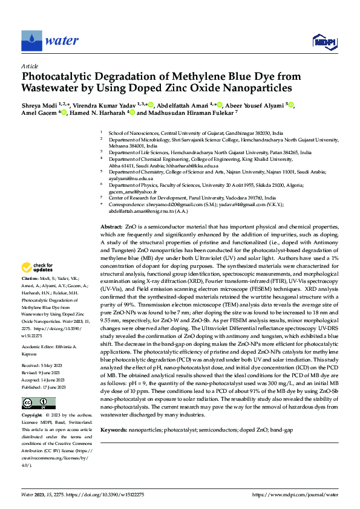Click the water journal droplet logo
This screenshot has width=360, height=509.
coord(32,41)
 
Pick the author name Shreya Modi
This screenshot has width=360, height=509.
coord(41,105)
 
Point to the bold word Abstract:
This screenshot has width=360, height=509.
coord(111,225)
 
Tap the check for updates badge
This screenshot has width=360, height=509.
coord(38,267)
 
